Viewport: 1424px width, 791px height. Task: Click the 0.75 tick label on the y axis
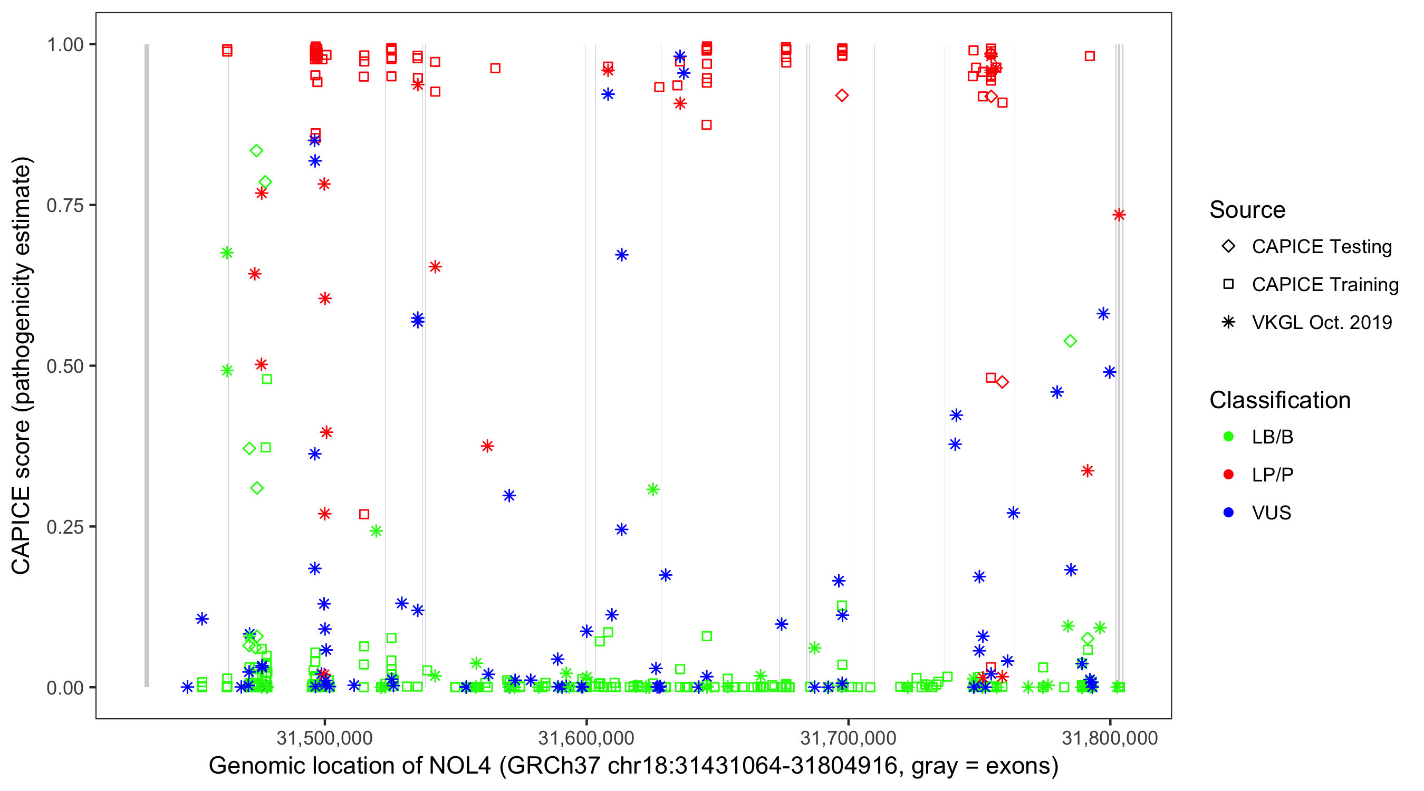click(x=65, y=206)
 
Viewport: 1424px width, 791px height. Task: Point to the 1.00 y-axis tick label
click(x=65, y=45)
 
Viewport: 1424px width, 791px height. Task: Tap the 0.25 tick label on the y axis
click(x=65, y=527)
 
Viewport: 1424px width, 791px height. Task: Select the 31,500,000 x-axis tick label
click(x=324, y=738)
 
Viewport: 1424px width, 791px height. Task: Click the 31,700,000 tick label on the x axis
click(x=848, y=738)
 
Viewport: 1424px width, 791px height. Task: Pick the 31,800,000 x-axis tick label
click(x=1110, y=738)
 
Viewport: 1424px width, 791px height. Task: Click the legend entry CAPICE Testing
click(x=1321, y=247)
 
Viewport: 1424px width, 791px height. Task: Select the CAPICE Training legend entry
click(x=1324, y=285)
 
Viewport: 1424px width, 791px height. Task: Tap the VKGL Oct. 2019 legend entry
click(x=1321, y=323)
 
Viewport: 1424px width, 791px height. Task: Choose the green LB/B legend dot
click(x=1229, y=437)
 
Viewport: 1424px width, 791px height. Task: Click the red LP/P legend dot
click(x=1229, y=475)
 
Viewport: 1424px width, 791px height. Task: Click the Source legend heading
click(x=1247, y=210)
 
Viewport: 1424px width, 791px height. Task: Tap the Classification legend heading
click(x=1279, y=400)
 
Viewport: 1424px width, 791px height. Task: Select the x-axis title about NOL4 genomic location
click(x=633, y=766)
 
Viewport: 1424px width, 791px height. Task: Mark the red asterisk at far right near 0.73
click(x=1119, y=215)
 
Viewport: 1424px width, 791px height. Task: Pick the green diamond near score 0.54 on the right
click(x=1070, y=342)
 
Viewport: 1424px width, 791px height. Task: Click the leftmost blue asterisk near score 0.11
click(x=203, y=619)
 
